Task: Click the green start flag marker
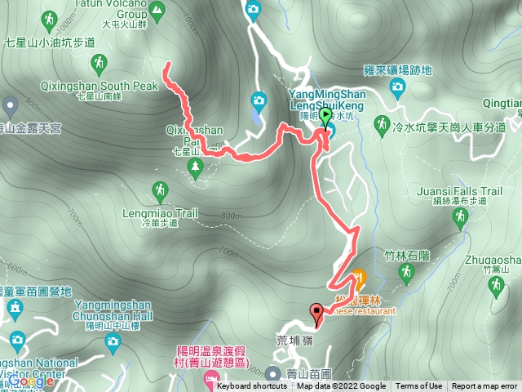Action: (326, 116)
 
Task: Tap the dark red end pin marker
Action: (316, 310)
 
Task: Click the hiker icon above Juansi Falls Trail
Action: (461, 216)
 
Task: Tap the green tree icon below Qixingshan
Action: (194, 167)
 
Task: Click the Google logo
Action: (31, 381)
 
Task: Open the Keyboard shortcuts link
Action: (252, 386)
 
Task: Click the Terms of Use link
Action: (419, 386)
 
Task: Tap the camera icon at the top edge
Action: (253, 10)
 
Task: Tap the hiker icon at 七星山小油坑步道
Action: (99, 62)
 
